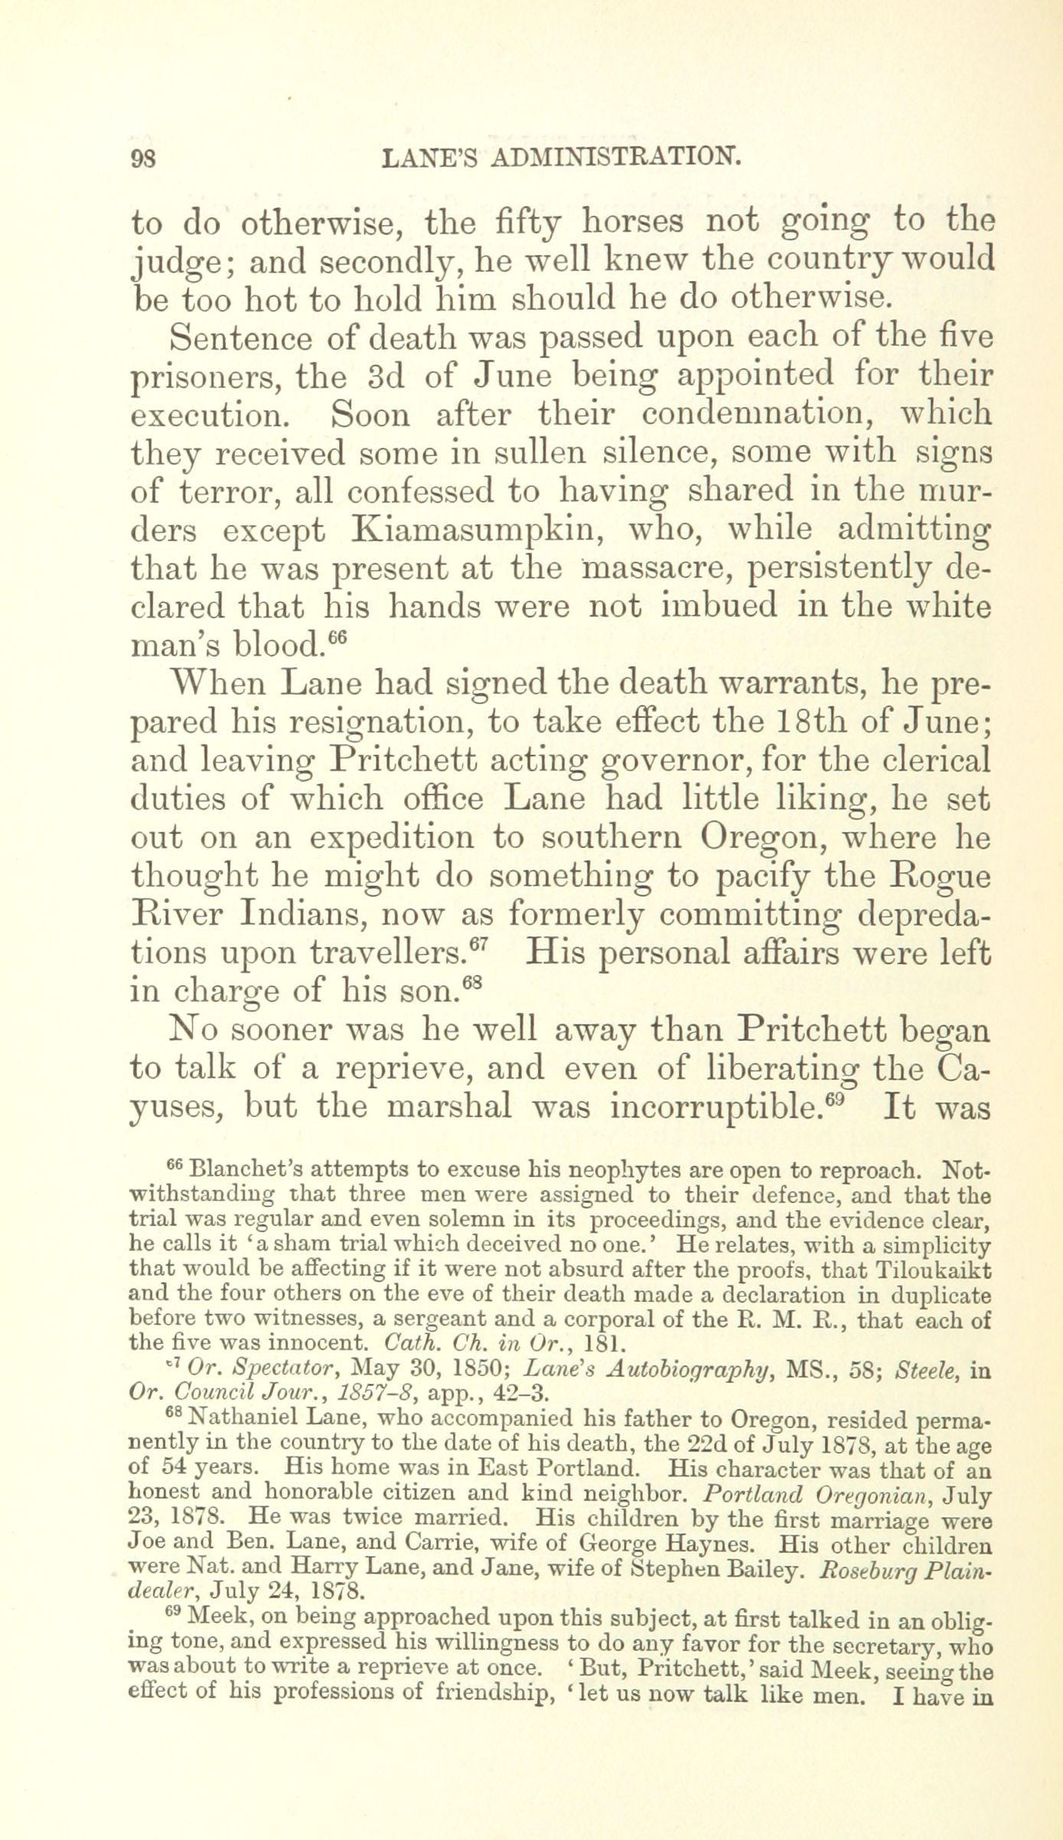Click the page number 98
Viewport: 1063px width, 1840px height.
144,158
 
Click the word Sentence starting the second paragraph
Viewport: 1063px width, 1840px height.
239,338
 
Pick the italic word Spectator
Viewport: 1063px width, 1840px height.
264,1371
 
